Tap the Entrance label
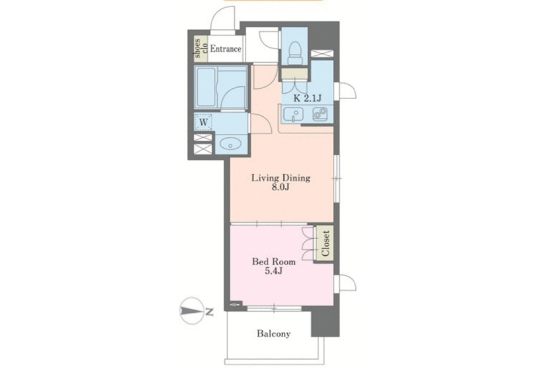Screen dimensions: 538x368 pyautogui.click(x=226, y=49)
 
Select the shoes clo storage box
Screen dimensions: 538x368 pyautogui.click(x=201, y=48)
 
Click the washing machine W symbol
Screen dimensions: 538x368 pyautogui.click(x=203, y=122)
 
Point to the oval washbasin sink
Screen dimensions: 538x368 pyautogui.click(x=230, y=144)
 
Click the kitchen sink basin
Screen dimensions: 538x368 pyautogui.click(x=293, y=114)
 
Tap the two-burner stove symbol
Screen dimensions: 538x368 pyautogui.click(x=320, y=114)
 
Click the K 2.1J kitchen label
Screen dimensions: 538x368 pyautogui.click(x=308, y=98)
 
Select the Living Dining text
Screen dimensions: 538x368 pyautogui.click(x=281, y=178)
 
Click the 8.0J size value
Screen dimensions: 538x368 pyautogui.click(x=280, y=187)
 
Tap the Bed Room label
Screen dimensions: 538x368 pyautogui.click(x=273, y=262)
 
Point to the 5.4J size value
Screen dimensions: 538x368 pyautogui.click(x=273, y=271)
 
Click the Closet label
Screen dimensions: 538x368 pyautogui.click(x=325, y=243)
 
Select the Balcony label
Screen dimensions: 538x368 pyautogui.click(x=273, y=334)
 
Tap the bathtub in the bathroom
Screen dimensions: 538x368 pyautogui.click(x=205, y=88)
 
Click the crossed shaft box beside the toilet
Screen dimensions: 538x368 pyautogui.click(x=322, y=53)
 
